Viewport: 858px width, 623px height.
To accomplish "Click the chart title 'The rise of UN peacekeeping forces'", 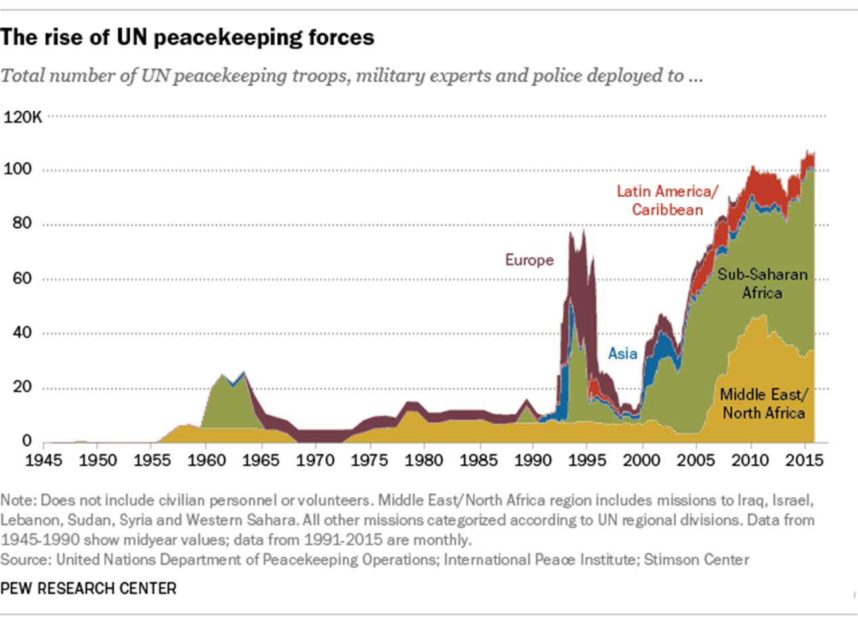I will (x=187, y=38).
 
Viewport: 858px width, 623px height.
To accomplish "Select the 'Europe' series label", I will (x=529, y=260).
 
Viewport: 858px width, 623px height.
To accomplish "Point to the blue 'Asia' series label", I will (x=622, y=353).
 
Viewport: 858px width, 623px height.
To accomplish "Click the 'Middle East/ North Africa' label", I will (x=763, y=403).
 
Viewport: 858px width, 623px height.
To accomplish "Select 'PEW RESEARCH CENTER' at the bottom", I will (x=89, y=588).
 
